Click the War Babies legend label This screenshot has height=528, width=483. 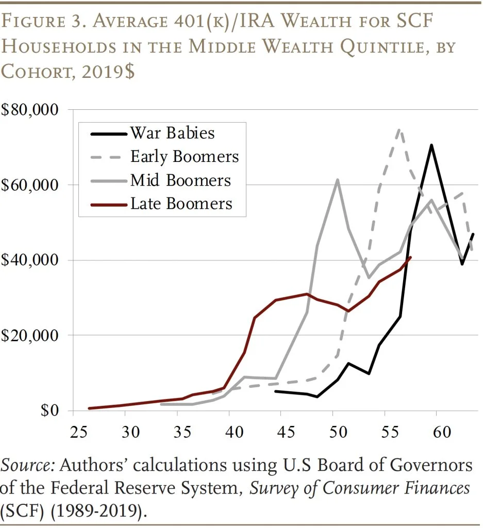point(172,133)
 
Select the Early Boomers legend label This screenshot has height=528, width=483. point(184,157)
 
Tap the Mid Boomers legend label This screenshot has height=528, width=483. point(180,180)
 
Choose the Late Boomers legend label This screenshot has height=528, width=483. point(181,204)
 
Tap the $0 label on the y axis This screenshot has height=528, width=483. point(50,411)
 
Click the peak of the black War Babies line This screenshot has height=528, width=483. point(431,145)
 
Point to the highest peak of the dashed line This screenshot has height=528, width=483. point(399,129)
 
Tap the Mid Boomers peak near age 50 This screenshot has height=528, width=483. point(337,180)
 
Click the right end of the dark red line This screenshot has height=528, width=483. point(410,257)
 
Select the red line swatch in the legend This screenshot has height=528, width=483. point(107,204)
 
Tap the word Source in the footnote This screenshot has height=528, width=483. point(27,465)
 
